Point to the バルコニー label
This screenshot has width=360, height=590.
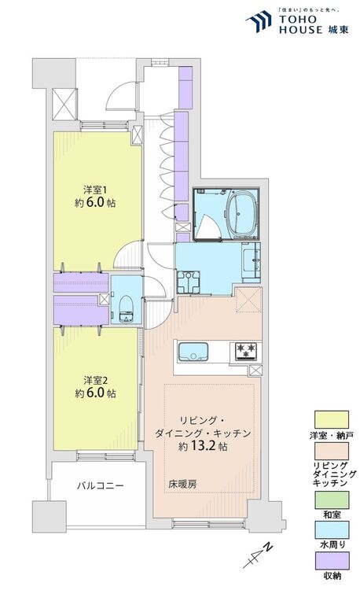[100, 485]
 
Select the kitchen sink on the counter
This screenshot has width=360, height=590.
[192, 351]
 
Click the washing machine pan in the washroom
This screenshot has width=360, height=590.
[189, 282]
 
